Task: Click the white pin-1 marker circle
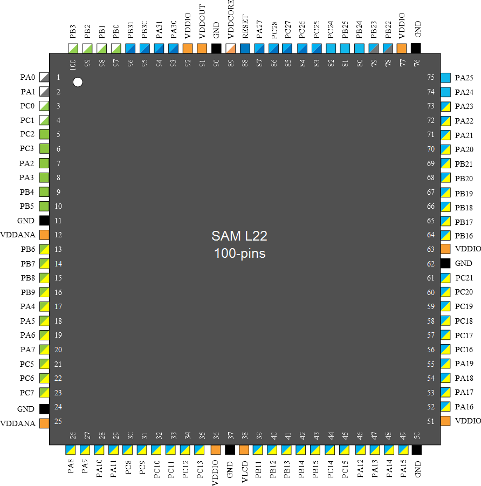point(78,82)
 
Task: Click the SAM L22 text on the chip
point(239,236)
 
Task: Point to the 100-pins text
point(239,253)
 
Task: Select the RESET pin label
point(245,31)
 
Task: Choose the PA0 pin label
point(27,77)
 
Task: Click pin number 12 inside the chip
point(59,235)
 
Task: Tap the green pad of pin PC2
point(44,134)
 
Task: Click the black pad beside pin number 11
point(44,221)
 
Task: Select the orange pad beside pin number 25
point(44,423)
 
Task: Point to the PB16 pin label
point(464,235)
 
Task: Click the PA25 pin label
point(464,78)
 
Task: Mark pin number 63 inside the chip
point(431,249)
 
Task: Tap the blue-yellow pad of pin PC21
point(445,278)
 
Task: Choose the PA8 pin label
point(71,466)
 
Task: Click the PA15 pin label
point(403,467)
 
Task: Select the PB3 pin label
point(73,32)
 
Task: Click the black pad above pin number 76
point(416,48)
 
